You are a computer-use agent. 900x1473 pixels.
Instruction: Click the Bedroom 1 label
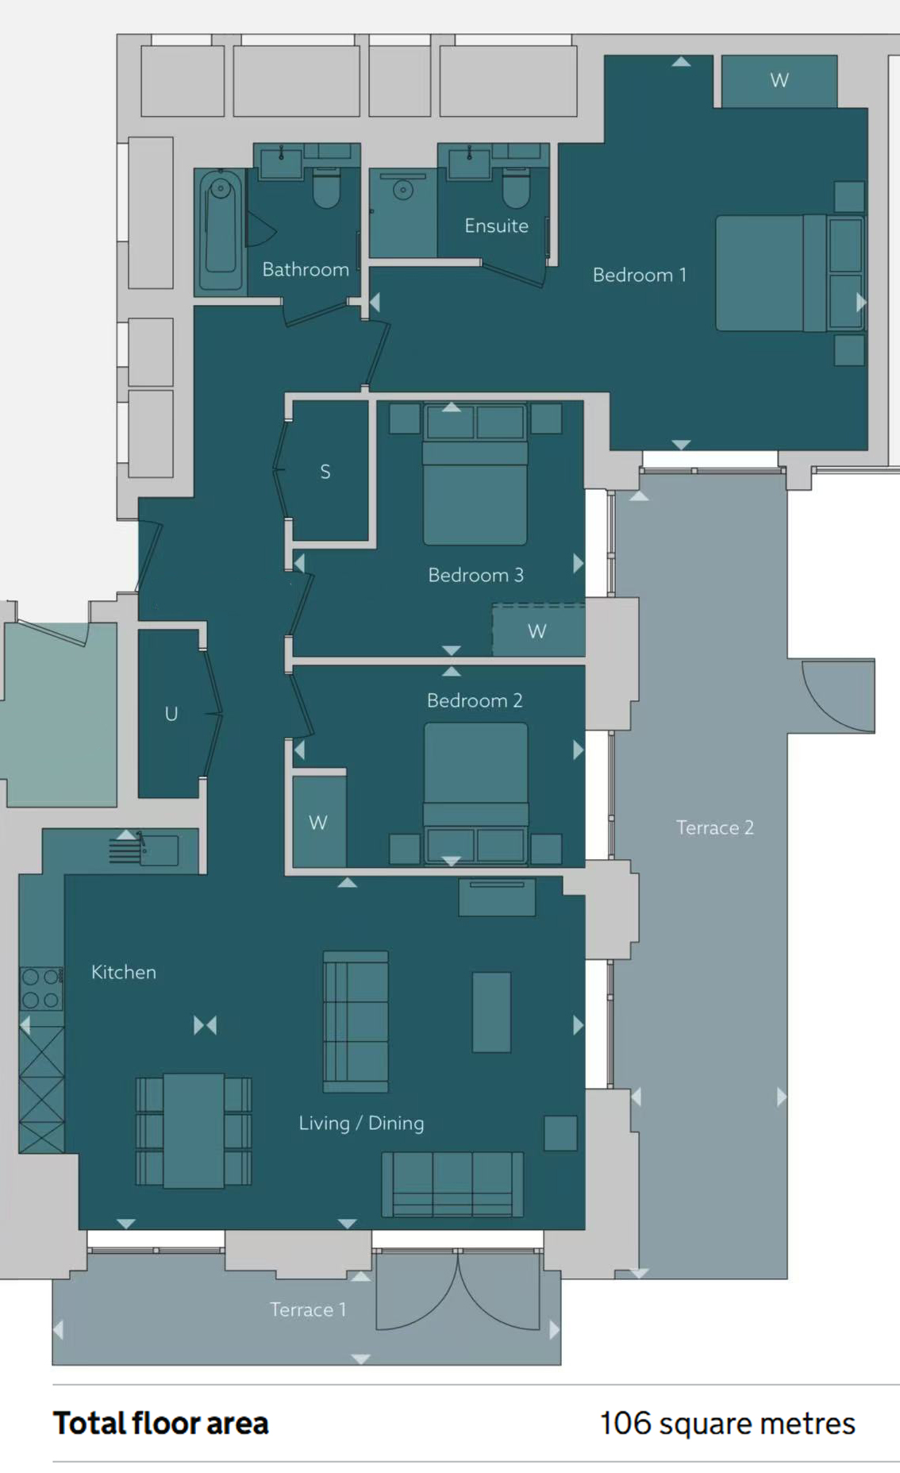(x=639, y=275)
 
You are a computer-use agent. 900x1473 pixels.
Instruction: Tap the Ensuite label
(x=496, y=226)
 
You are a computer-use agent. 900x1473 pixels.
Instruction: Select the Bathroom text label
(x=306, y=269)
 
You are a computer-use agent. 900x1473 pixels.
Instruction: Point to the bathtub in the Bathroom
(x=221, y=229)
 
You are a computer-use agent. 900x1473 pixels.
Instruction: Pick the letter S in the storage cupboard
(x=325, y=472)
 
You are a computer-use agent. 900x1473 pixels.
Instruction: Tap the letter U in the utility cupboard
(x=171, y=714)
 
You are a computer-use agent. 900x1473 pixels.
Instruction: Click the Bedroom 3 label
(x=475, y=575)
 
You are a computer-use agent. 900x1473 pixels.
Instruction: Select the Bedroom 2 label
(x=475, y=700)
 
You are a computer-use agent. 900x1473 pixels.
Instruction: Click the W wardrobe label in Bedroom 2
(x=318, y=823)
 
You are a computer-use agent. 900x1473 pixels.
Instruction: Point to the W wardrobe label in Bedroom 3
(x=537, y=631)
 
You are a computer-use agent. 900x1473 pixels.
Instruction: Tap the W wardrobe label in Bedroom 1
(x=779, y=80)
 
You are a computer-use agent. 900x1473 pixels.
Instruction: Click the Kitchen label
(x=124, y=972)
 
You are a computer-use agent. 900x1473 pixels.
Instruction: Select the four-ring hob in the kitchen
(x=41, y=988)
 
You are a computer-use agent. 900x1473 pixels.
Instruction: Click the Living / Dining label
(x=361, y=1123)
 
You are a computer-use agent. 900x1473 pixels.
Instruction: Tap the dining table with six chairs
(x=194, y=1131)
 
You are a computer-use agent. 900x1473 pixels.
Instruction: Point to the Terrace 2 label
(x=715, y=827)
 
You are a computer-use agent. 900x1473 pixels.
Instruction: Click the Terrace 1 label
(x=308, y=1309)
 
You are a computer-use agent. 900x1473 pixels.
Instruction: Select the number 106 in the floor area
(x=625, y=1423)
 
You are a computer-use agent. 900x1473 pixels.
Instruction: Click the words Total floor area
(x=161, y=1423)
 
